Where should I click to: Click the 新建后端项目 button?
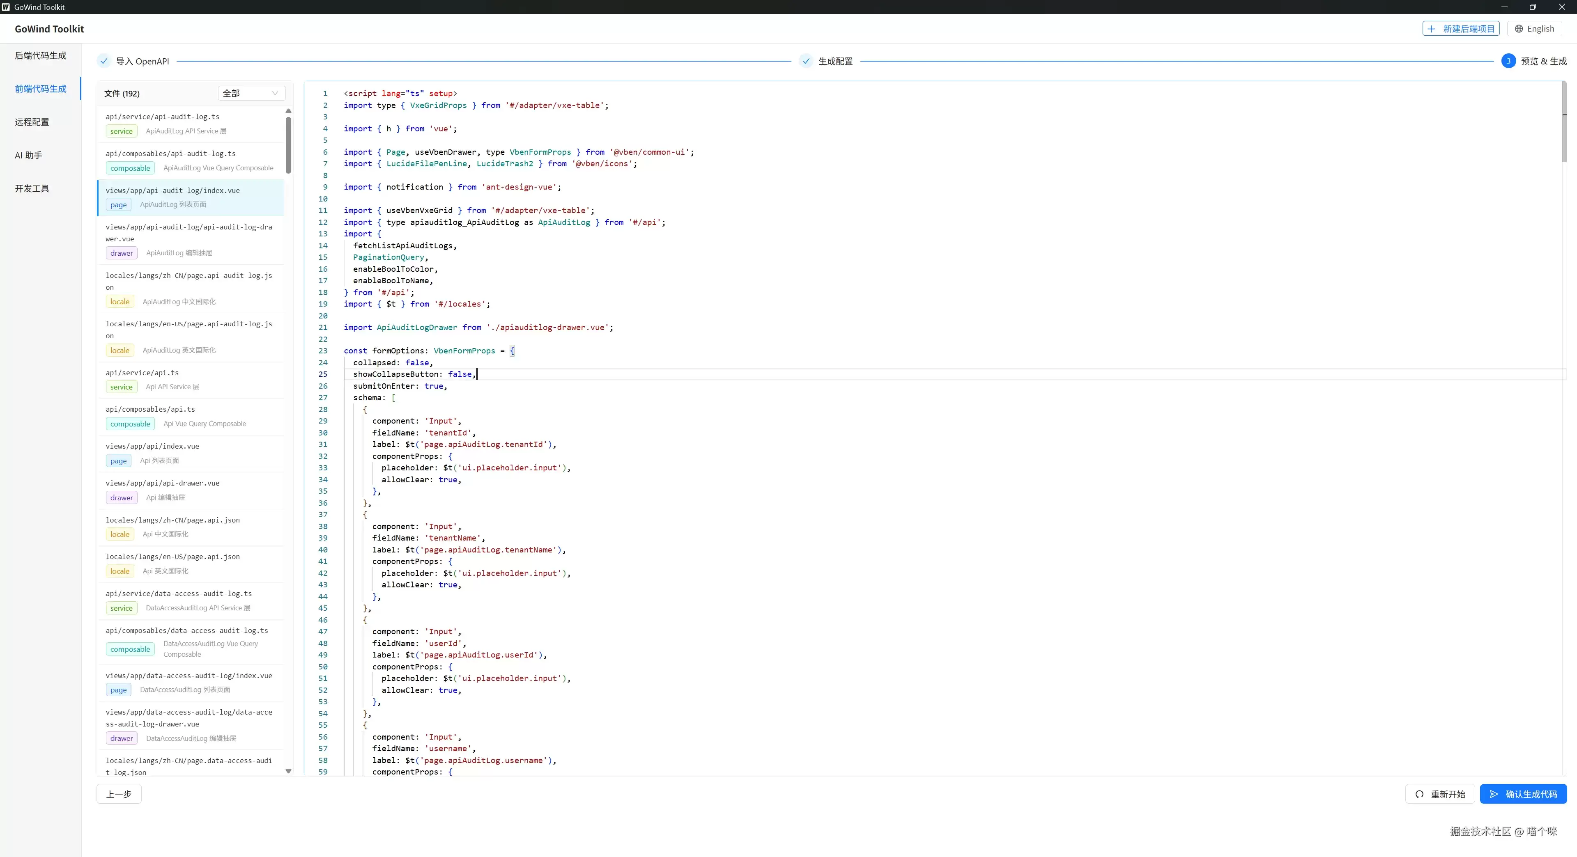[1461, 29]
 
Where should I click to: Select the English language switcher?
[1534, 29]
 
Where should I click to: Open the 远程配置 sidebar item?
[32, 122]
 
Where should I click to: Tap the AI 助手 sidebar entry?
[29, 156]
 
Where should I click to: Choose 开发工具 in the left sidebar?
[32, 188]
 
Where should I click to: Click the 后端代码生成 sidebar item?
[40, 56]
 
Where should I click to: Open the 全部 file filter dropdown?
[251, 93]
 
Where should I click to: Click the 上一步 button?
[119, 794]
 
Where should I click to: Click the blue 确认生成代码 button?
[1523, 794]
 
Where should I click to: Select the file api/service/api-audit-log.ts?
[162, 116]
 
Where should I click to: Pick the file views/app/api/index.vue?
[152, 446]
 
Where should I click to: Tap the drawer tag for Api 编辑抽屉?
[122, 497]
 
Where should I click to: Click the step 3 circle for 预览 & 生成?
[1508, 61]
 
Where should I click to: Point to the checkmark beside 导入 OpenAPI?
[104, 61]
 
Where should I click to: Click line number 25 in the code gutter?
[323, 374]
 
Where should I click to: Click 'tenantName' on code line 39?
[453, 538]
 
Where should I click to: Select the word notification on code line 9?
[414, 187]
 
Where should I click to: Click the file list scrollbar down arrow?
[288, 771]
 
